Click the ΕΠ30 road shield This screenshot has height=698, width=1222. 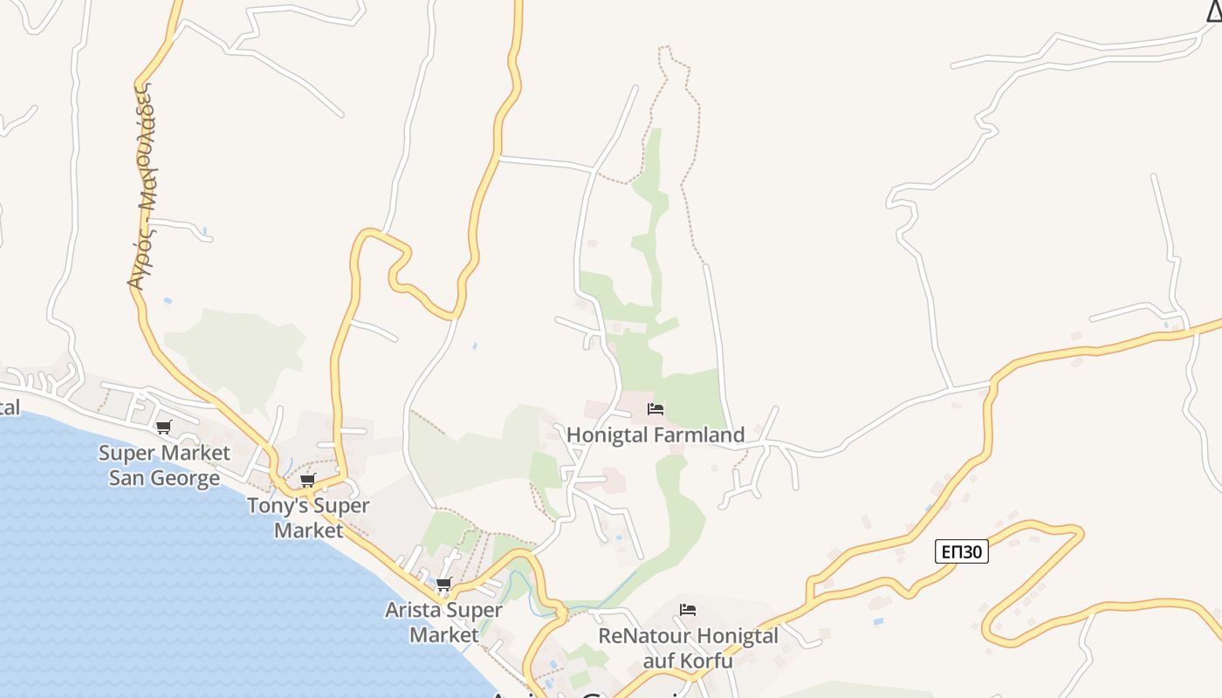coord(961,551)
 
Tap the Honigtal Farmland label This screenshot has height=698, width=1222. coord(656,435)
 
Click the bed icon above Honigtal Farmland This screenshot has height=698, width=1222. coord(656,409)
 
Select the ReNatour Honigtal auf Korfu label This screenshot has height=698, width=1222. coord(688,647)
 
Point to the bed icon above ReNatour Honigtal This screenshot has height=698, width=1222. coord(688,610)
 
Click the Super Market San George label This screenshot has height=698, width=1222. coord(164,465)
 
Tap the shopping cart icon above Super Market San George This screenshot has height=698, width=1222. coord(163,428)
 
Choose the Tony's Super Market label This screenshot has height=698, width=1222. coord(308,517)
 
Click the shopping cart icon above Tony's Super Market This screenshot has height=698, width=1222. coord(307,480)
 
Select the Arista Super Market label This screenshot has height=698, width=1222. coord(443,621)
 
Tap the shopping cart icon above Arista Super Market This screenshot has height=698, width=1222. coord(443,585)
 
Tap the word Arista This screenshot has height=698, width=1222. coord(412,610)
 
